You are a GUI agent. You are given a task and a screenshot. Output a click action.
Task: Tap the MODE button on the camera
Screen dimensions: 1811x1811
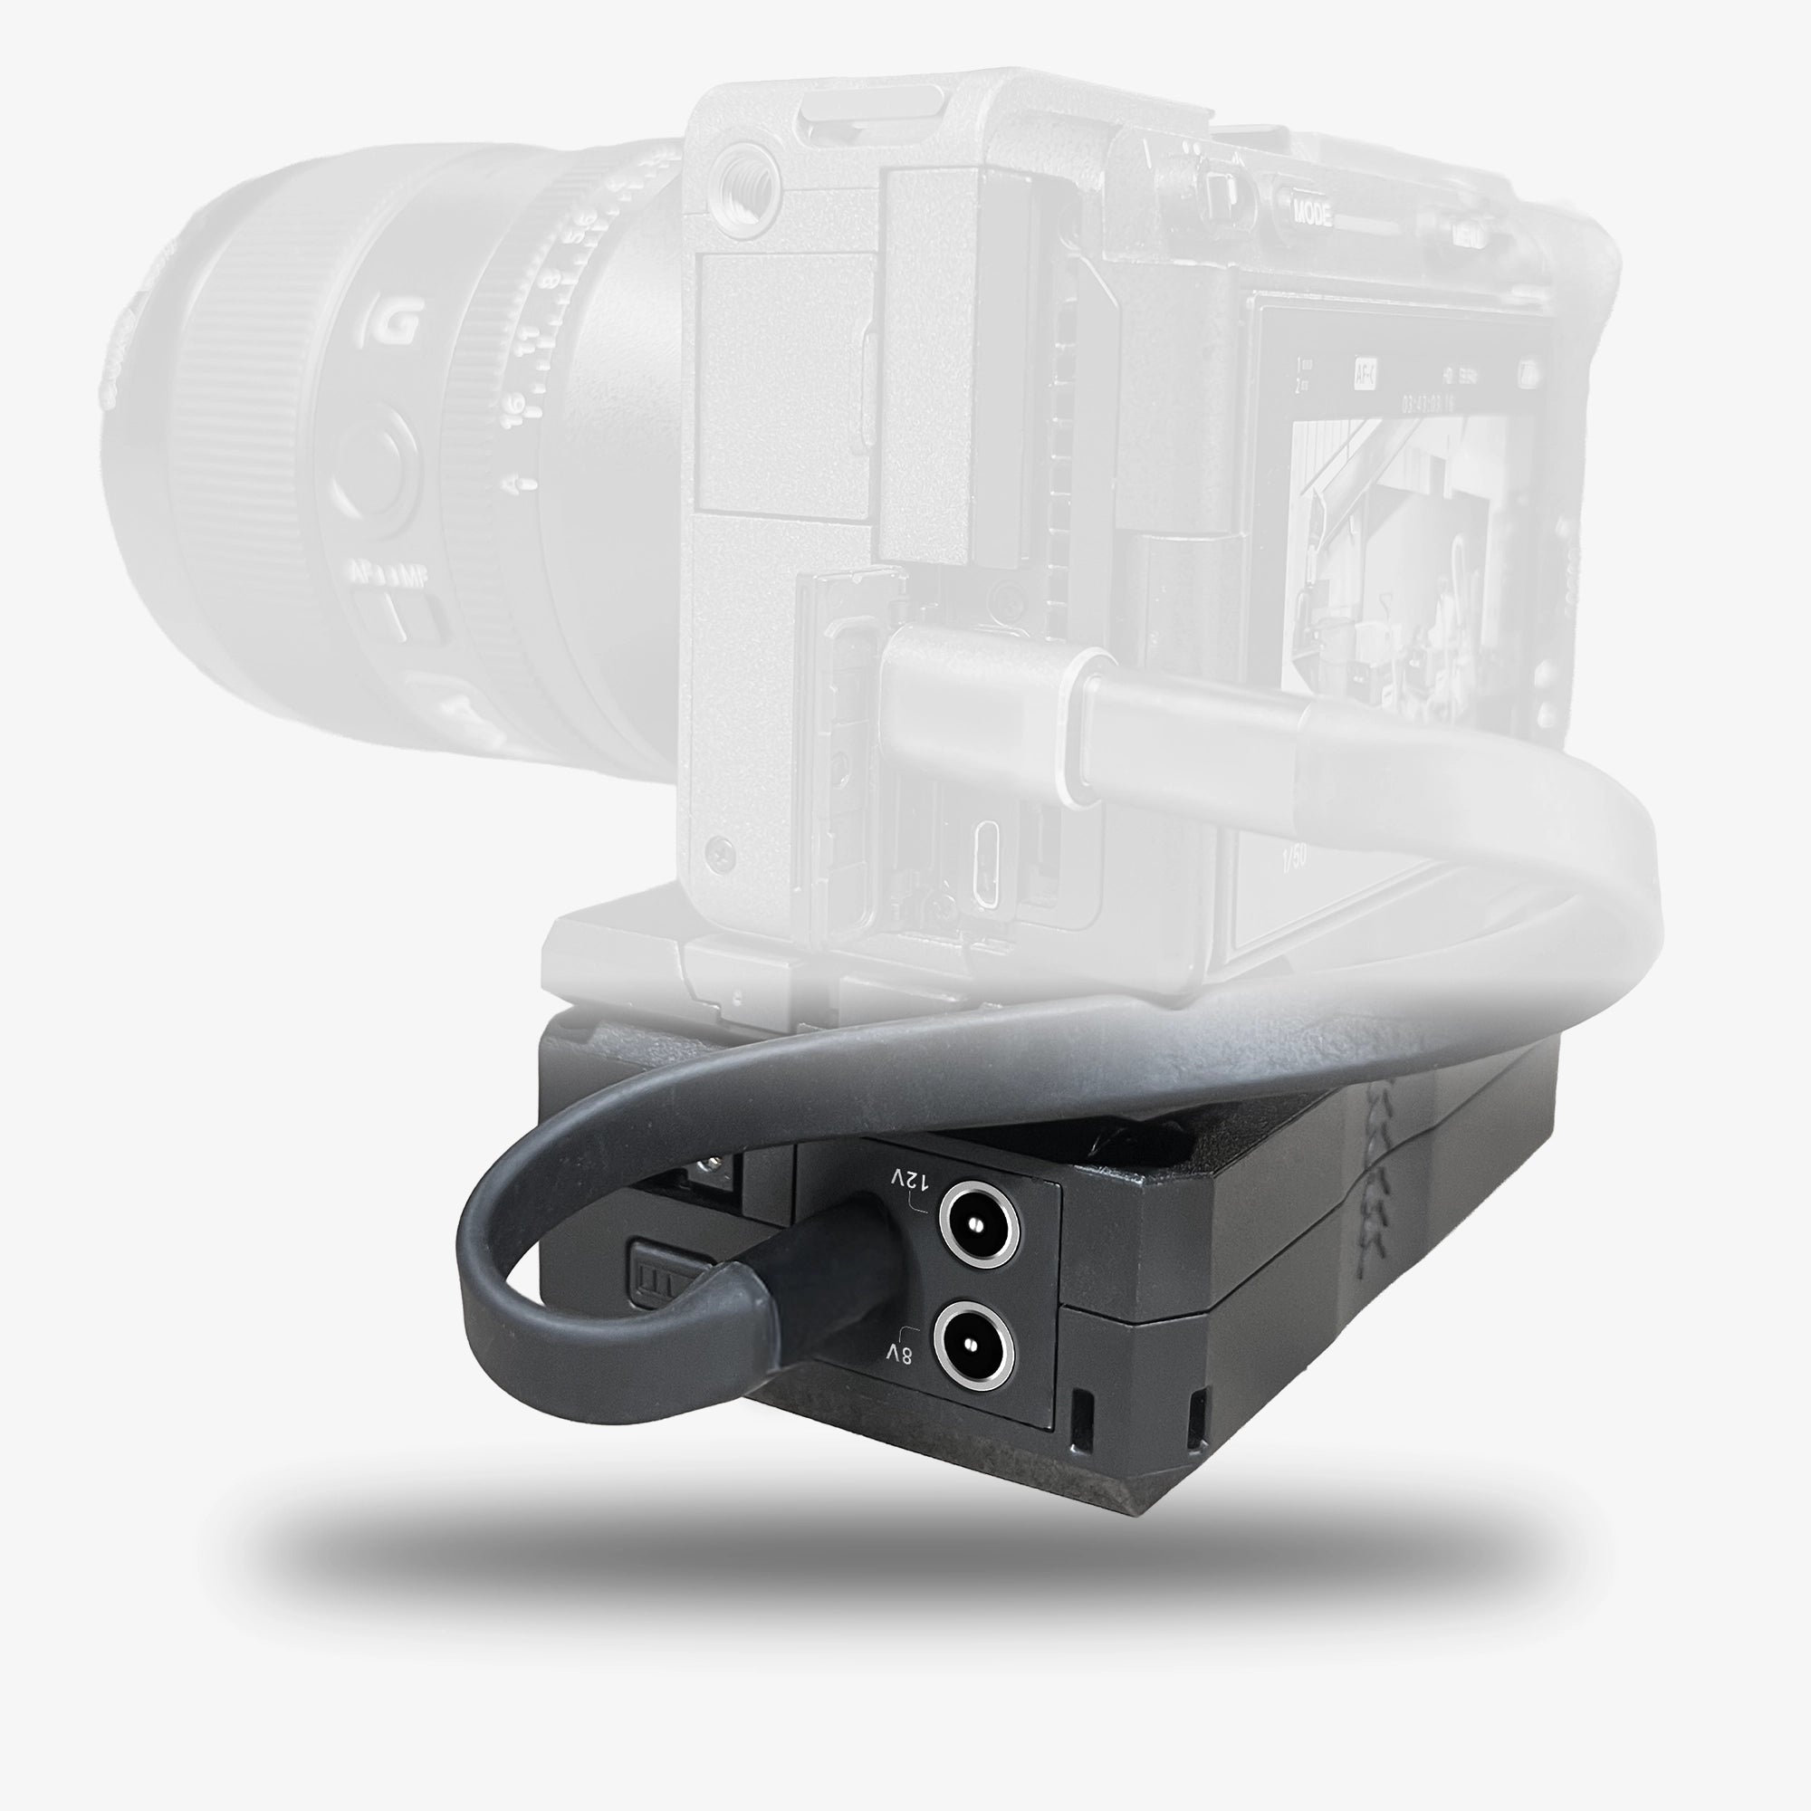(x=1312, y=213)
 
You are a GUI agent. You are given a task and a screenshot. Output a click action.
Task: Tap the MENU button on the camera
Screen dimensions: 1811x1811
(x=1466, y=235)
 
